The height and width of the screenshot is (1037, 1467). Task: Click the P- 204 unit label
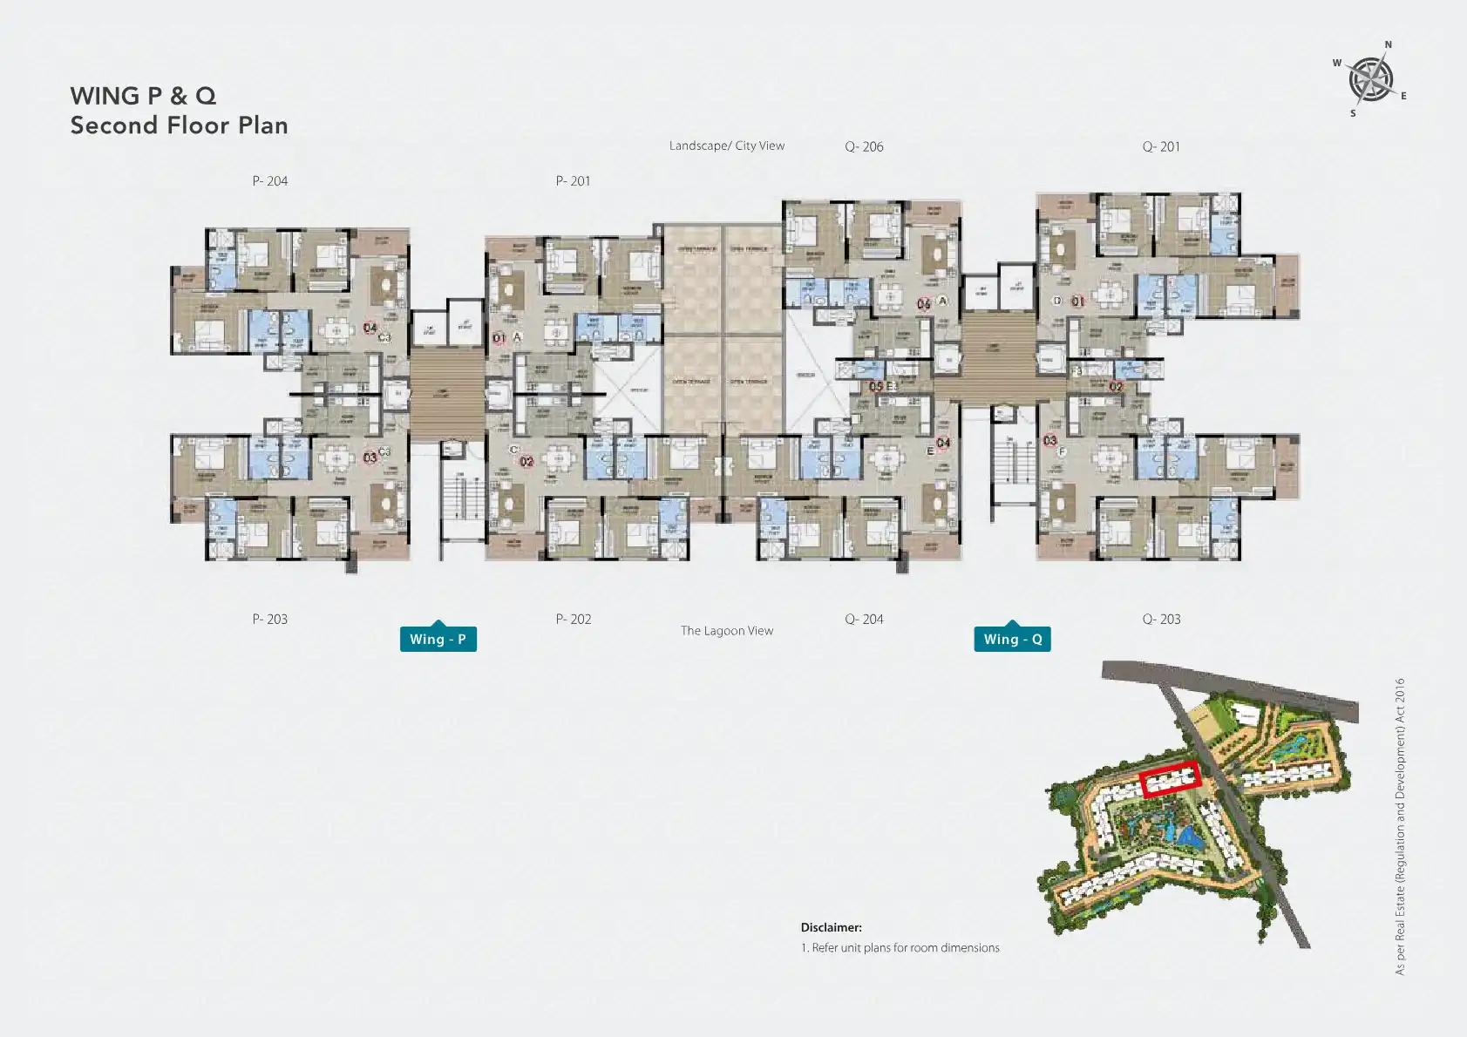[x=269, y=181]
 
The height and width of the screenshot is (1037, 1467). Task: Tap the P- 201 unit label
[x=573, y=181]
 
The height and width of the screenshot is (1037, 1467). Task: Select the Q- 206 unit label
[x=864, y=146]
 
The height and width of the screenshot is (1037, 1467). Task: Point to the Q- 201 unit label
[x=1161, y=146]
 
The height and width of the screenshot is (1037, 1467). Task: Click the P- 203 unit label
[x=269, y=619]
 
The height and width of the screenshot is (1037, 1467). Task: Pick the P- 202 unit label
[x=573, y=619]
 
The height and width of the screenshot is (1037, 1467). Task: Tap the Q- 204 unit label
[x=864, y=619]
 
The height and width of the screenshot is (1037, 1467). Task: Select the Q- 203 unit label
[x=1161, y=619]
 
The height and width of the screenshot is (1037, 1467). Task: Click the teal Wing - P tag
[x=438, y=639]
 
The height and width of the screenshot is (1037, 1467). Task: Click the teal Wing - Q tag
[x=1012, y=639]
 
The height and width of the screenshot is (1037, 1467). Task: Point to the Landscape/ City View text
[x=726, y=146]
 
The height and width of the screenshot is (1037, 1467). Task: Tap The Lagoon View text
[x=726, y=631]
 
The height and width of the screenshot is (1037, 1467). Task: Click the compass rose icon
[x=1370, y=79]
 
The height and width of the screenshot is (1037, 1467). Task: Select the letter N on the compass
[x=1389, y=44]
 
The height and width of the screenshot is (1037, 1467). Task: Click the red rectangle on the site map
[x=1171, y=779]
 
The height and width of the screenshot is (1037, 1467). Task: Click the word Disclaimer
[x=831, y=927]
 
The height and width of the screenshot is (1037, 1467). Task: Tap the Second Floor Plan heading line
[x=179, y=125]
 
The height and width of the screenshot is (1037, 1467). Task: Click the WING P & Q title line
[x=143, y=96]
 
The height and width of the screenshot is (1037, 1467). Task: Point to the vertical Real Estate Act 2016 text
[x=1400, y=826]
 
